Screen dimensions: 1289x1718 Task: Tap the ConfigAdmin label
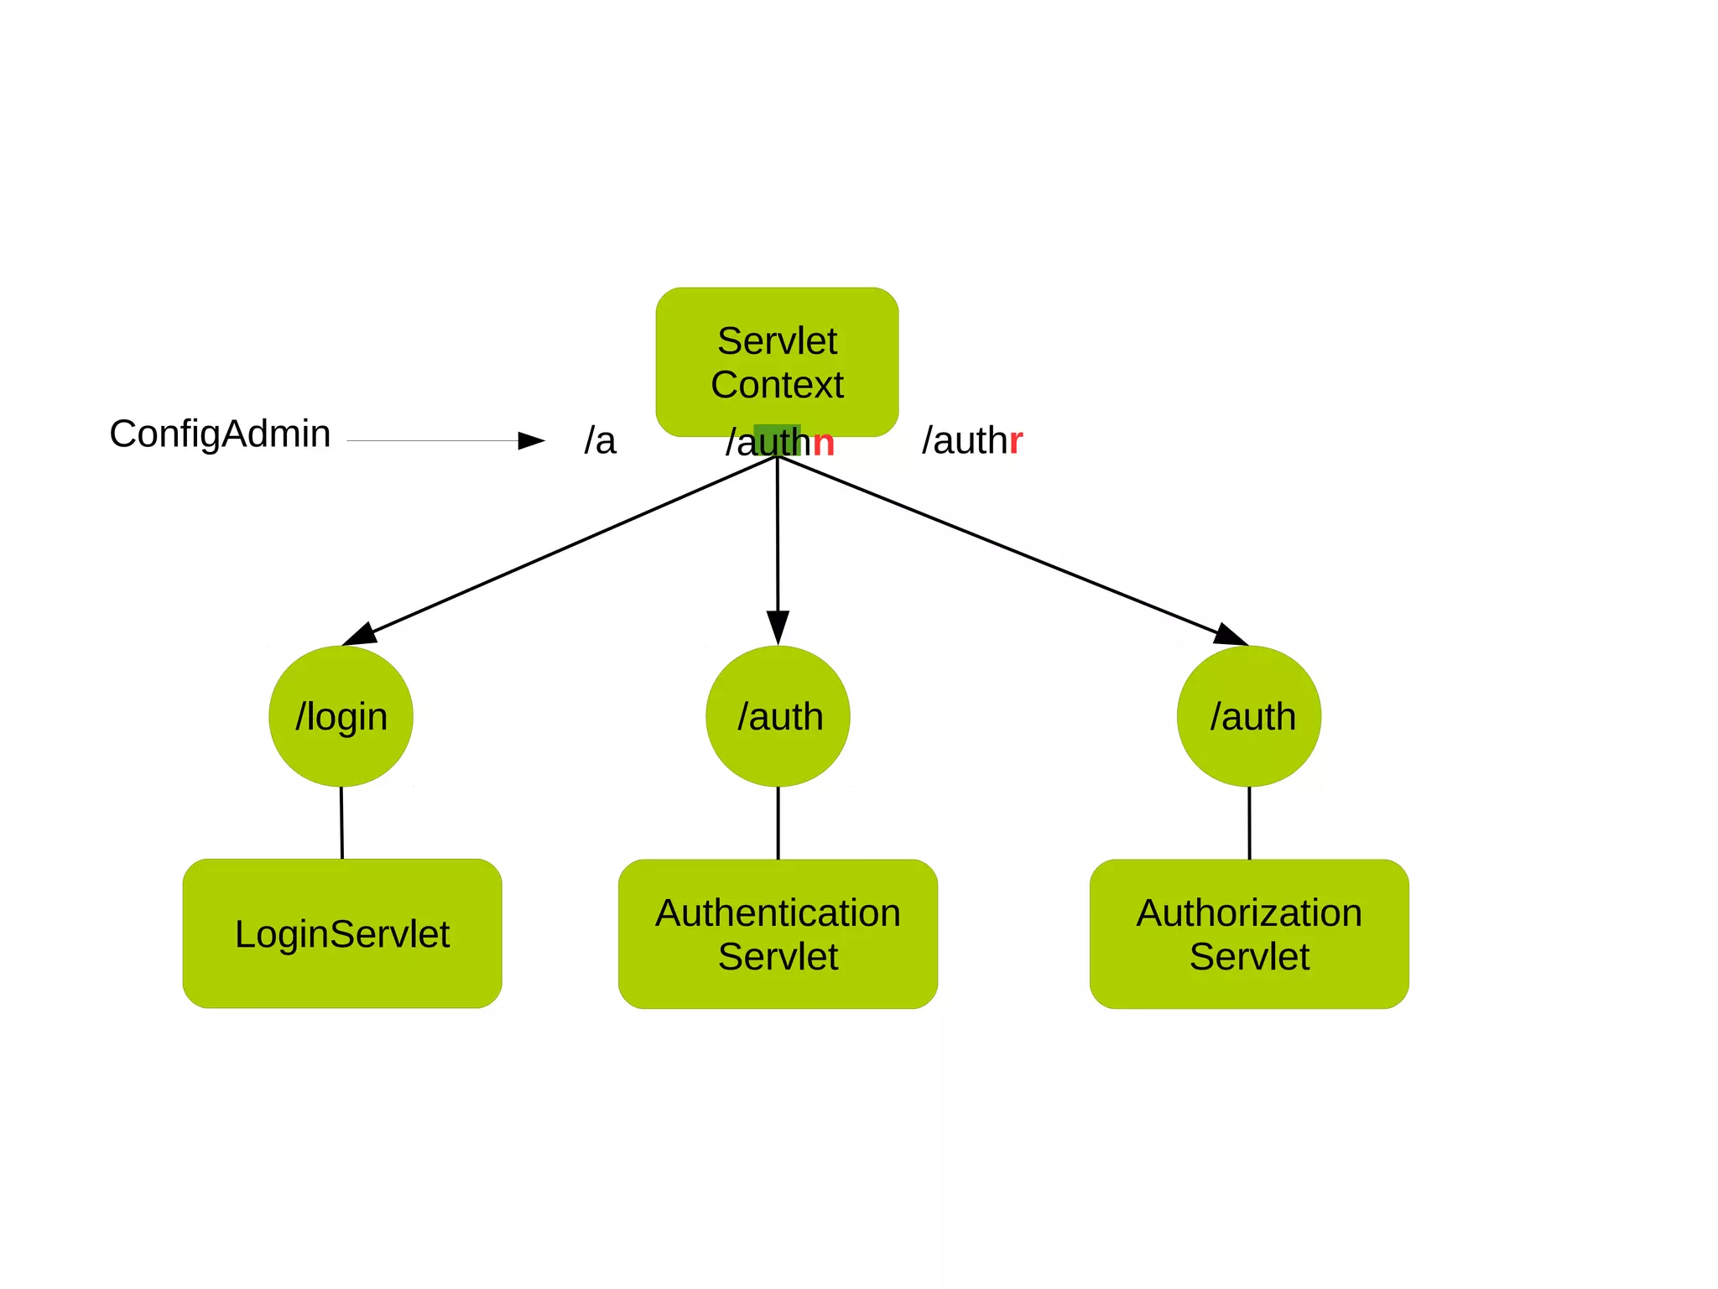tap(220, 434)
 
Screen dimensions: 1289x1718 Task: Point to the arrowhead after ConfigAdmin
tap(531, 440)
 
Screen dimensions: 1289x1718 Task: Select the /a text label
tap(600, 440)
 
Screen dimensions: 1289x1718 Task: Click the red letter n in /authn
tap(824, 443)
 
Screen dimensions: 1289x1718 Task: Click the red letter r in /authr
tap(1016, 440)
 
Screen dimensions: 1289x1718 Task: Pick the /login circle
tap(341, 716)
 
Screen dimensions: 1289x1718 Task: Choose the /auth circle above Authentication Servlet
tap(778, 716)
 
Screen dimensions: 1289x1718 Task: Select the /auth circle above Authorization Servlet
tap(1249, 716)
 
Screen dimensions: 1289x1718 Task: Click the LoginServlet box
tap(342, 933)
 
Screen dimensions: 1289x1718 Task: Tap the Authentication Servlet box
tap(778, 933)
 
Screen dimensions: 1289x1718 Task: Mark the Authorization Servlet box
tap(1249, 933)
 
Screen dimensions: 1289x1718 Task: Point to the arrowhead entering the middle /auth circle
tap(778, 626)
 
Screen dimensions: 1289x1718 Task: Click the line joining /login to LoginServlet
tap(341, 823)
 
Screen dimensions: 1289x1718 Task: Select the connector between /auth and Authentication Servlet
tap(778, 823)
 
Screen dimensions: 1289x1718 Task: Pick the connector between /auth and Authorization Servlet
tap(1249, 823)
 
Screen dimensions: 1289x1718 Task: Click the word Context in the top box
tap(777, 385)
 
